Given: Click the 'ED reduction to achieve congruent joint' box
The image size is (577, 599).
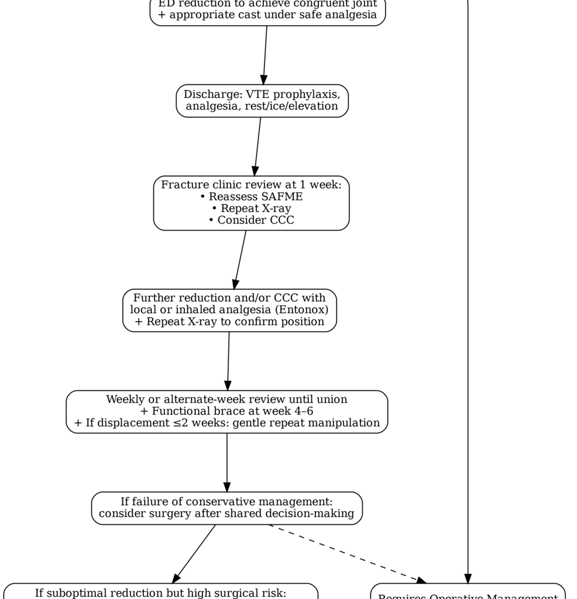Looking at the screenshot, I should [x=267, y=11].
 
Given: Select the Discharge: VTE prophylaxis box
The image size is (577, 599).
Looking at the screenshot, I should [x=262, y=100].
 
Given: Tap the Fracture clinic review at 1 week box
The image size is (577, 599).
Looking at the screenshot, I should [x=252, y=202].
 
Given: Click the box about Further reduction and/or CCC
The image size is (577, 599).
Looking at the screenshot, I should [x=229, y=310].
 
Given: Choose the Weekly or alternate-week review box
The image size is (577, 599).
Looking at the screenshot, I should [x=226, y=411].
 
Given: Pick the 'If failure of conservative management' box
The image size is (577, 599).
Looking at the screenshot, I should [x=226, y=508].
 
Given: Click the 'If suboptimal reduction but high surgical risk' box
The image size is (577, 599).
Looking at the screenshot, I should [x=160, y=591].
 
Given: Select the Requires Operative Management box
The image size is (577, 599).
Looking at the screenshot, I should [x=468, y=592].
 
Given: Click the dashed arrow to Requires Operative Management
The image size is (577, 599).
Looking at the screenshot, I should [x=345, y=553].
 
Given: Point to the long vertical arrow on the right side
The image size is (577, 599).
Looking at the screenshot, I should [x=468, y=292].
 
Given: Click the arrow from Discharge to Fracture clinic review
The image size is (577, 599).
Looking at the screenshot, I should [x=257, y=146].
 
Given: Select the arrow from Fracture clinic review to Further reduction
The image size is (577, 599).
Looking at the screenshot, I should [x=240, y=260].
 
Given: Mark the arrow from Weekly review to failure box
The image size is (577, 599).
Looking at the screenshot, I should [x=226, y=462].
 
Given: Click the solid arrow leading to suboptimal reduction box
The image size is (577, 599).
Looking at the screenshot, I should [x=195, y=553].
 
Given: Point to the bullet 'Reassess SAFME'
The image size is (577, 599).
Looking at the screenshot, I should [x=251, y=197].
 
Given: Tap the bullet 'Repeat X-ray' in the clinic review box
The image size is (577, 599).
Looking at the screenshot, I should [x=251, y=208].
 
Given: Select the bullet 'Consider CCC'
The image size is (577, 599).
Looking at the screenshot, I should [x=251, y=220].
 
